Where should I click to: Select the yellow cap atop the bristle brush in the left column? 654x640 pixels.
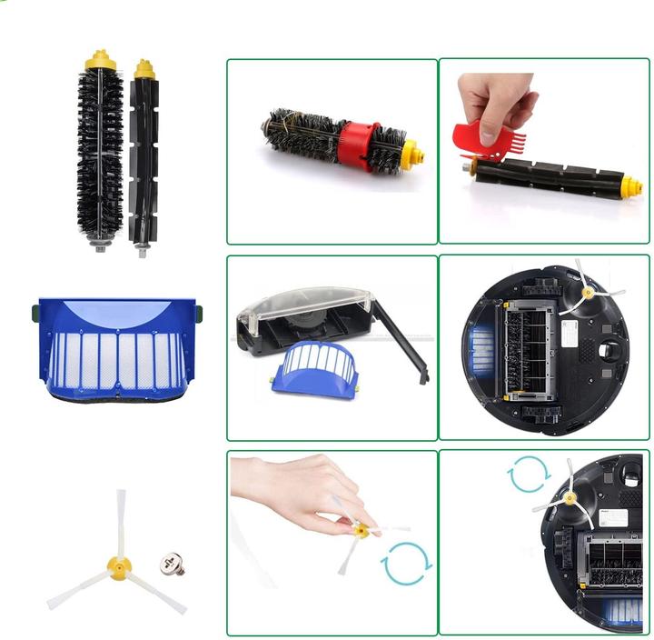point(101,61)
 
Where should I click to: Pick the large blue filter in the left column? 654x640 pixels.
point(119,350)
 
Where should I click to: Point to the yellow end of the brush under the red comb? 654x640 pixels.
point(632,186)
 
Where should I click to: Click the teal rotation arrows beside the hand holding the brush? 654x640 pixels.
point(406,563)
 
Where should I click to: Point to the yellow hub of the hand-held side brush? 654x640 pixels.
point(362,530)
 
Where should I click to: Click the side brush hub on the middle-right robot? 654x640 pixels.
point(590,293)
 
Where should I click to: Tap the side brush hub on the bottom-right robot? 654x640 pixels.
point(570,497)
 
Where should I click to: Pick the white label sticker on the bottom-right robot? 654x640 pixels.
point(614,518)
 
